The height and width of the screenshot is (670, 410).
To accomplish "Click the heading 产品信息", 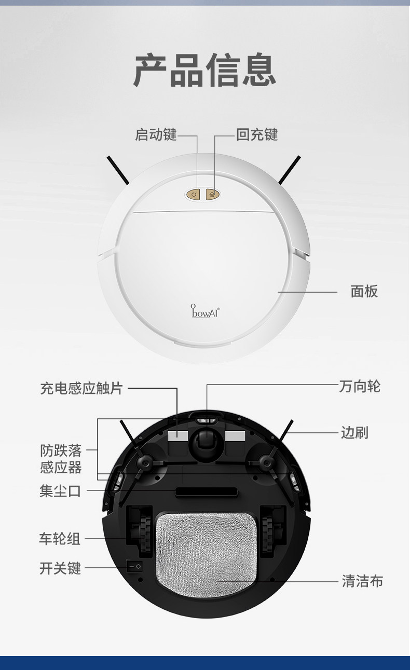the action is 204,70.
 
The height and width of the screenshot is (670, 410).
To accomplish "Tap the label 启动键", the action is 156,135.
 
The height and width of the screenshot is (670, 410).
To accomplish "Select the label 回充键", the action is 257,135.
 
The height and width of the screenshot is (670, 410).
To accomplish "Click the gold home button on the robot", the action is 213,195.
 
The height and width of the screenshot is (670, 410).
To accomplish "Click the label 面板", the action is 364,292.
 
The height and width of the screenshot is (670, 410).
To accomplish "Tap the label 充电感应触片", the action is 81,388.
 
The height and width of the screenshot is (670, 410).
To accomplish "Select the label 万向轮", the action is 360,387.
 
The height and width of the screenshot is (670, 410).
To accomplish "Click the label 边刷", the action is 355,432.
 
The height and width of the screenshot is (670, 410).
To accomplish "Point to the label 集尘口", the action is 60,490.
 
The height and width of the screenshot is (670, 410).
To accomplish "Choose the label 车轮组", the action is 60,539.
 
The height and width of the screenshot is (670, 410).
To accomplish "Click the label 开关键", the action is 60,568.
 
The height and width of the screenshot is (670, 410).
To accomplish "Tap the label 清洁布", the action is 362,581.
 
